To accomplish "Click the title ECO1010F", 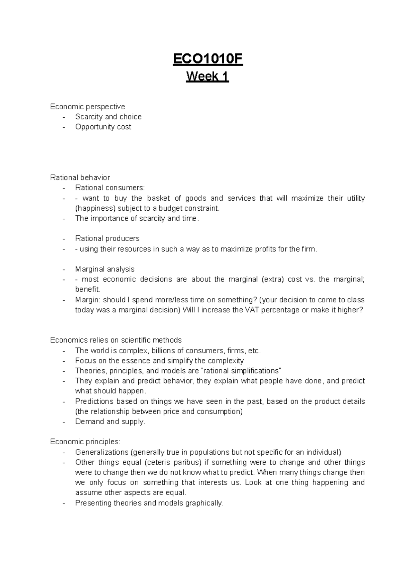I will tap(208, 59).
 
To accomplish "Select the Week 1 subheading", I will tap(208, 76).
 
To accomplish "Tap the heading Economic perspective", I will tap(87, 107).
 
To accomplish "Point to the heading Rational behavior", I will tap(80, 178).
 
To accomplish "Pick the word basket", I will tap(158, 198).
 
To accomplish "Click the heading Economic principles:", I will tap(85, 442).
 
